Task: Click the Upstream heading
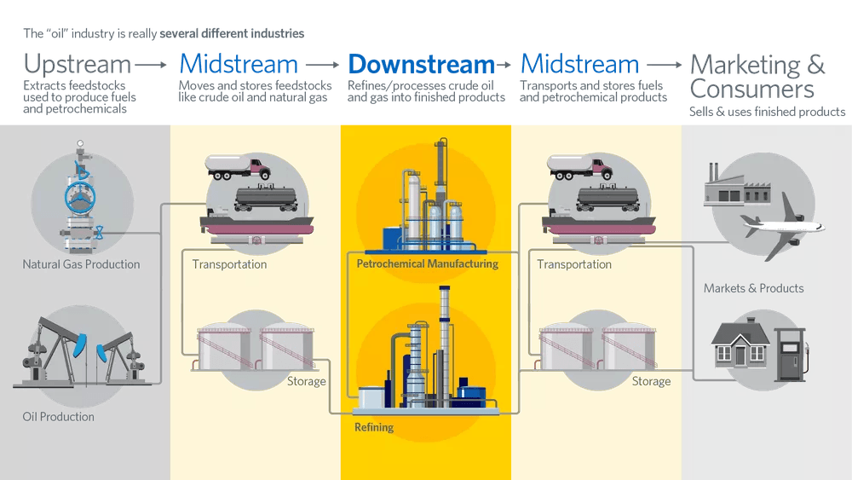(x=77, y=64)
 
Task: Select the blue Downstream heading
(x=421, y=64)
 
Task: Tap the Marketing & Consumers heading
(x=757, y=77)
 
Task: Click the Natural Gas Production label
(x=81, y=264)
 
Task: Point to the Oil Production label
(x=58, y=417)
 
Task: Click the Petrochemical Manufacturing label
(x=427, y=264)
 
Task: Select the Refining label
(x=374, y=426)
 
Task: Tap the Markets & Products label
(x=753, y=288)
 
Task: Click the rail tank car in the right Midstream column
(x=607, y=198)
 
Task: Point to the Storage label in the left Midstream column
(x=307, y=381)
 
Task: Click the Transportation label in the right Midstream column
(x=574, y=264)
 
